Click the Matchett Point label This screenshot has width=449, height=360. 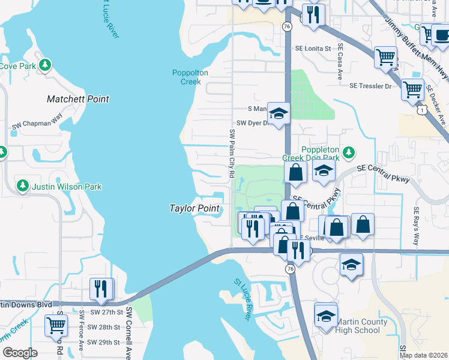pyautogui.click(x=78, y=99)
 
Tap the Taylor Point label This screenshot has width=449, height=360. pyautogui.click(x=194, y=208)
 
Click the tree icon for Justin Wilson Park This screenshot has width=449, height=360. pyautogui.click(x=23, y=187)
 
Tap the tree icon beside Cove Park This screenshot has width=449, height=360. pyautogui.click(x=44, y=65)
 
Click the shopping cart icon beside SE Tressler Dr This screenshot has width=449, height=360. pyautogui.click(x=412, y=89)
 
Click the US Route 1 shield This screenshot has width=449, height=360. pyautogui.click(x=424, y=109)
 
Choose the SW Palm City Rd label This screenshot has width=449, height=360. pyautogui.click(x=231, y=153)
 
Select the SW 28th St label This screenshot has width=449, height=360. pyautogui.click(x=104, y=327)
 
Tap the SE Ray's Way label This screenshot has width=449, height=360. pyautogui.click(x=415, y=227)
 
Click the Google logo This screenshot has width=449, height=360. pyautogui.click(x=20, y=353)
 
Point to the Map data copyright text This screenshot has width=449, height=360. pyautogui.click(x=423, y=355)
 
